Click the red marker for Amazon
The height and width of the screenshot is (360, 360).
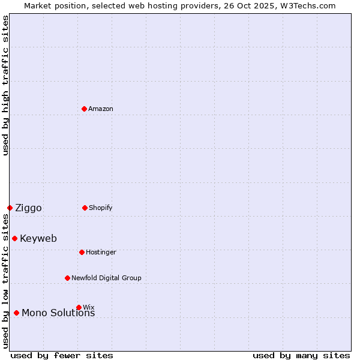(x=85, y=109)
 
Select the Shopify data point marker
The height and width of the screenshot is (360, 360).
(x=85, y=208)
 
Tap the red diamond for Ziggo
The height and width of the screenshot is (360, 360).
(x=10, y=208)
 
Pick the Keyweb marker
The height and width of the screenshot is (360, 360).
(x=15, y=238)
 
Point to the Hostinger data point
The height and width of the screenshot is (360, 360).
(x=82, y=252)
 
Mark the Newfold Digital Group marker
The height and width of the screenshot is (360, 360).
(x=68, y=278)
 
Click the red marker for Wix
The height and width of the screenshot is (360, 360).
(x=79, y=307)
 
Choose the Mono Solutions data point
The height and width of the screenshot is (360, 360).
(x=17, y=313)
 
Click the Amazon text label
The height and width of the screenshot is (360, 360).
(x=101, y=109)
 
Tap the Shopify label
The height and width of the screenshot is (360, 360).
(x=101, y=208)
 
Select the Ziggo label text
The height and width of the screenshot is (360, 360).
(x=28, y=208)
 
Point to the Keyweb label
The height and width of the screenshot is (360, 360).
(x=38, y=238)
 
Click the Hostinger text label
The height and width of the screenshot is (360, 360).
(x=101, y=252)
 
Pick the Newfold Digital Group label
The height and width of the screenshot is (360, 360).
(x=106, y=278)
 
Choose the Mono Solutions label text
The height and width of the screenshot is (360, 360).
(x=58, y=313)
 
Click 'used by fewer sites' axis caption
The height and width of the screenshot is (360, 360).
(x=62, y=355)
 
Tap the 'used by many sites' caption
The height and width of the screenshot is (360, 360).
(x=301, y=355)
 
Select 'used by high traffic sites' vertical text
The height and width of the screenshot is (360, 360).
(x=5, y=85)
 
